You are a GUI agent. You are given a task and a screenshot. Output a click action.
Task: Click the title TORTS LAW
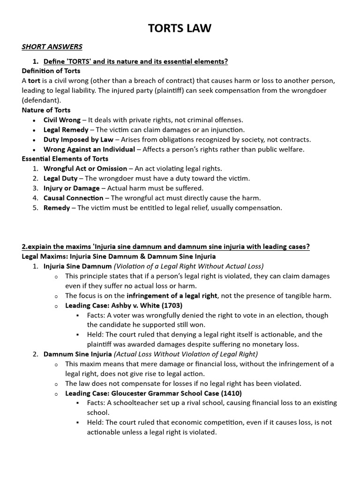(x=180, y=29)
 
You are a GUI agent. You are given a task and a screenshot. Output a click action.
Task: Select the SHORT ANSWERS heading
(x=52, y=46)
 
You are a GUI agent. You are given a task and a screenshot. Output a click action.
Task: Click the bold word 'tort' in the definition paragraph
(x=34, y=81)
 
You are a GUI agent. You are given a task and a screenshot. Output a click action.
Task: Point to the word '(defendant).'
(x=41, y=100)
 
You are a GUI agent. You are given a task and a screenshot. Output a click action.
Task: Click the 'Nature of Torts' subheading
(x=45, y=110)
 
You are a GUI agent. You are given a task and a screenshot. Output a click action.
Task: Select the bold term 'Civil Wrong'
(x=62, y=120)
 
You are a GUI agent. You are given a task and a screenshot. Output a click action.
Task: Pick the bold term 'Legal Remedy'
(x=66, y=130)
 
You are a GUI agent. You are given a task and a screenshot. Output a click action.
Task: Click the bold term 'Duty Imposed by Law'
(x=78, y=140)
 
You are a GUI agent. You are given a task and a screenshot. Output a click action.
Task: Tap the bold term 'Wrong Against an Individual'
(x=89, y=150)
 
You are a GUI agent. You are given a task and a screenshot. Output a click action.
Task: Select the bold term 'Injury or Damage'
(x=71, y=188)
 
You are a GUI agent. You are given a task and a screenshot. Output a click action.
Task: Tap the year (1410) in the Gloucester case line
(x=230, y=393)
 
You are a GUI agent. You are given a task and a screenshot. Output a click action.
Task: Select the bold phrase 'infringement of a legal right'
(x=172, y=295)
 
